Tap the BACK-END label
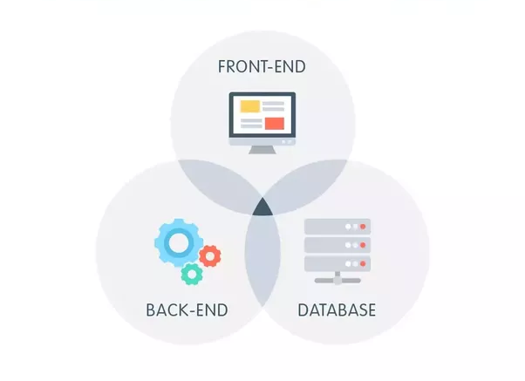tap(187, 310)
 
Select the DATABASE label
tap(337, 310)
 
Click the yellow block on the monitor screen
tap(250, 107)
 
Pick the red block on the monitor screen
tap(275, 122)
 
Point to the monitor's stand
tap(262, 147)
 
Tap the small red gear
tap(209, 255)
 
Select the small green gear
tap(191, 274)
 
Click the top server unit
tap(337, 227)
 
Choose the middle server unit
tap(337, 245)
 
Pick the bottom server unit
tap(337, 263)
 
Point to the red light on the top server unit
tap(359, 227)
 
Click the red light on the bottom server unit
tap(359, 263)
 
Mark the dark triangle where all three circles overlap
tap(262, 208)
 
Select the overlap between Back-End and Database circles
tap(262, 262)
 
